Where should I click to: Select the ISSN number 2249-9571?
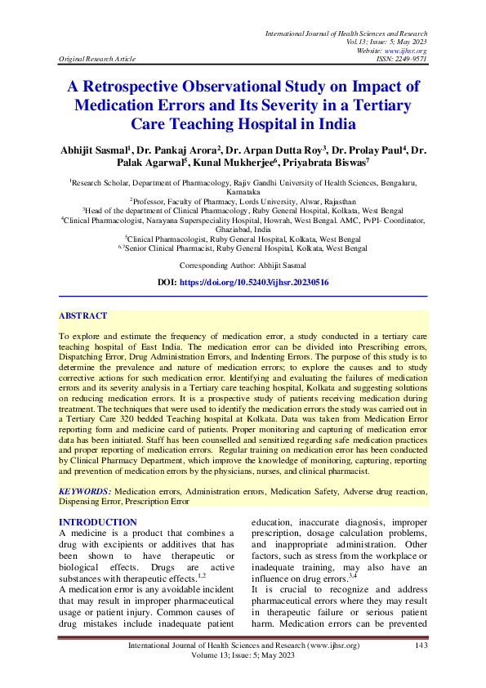pos(410,59)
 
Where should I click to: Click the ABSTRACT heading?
pos(82,315)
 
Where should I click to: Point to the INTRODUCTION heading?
pos(98,522)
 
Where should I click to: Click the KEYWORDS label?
pos(84,492)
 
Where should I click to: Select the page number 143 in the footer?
pos(421,646)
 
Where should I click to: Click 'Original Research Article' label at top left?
pos(96,59)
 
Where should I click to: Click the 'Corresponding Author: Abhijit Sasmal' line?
pos(243,266)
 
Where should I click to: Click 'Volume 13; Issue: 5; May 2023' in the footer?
pos(242,656)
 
